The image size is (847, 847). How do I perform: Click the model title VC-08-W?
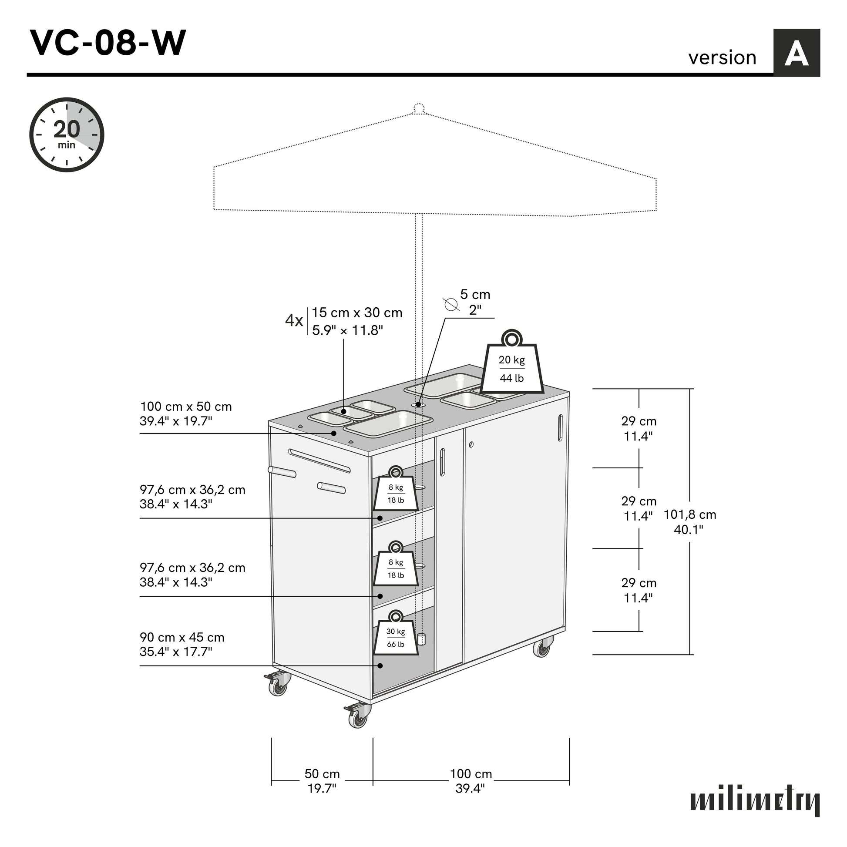[x=108, y=43]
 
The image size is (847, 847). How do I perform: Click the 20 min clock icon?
[x=67, y=134]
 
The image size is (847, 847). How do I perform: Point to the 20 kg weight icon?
[x=511, y=365]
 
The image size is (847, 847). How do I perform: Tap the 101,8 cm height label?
[x=689, y=522]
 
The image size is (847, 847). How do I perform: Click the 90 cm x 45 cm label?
[x=182, y=644]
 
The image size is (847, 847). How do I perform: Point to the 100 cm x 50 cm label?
[x=185, y=413]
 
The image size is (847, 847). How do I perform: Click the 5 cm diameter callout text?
[x=475, y=302]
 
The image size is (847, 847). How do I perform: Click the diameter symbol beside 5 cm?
[x=450, y=304]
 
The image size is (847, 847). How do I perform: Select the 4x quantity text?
[x=294, y=320]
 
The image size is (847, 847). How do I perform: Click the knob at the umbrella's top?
[x=419, y=108]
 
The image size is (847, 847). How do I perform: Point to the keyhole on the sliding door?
[x=471, y=444]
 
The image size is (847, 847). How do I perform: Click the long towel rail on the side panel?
[x=319, y=460]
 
